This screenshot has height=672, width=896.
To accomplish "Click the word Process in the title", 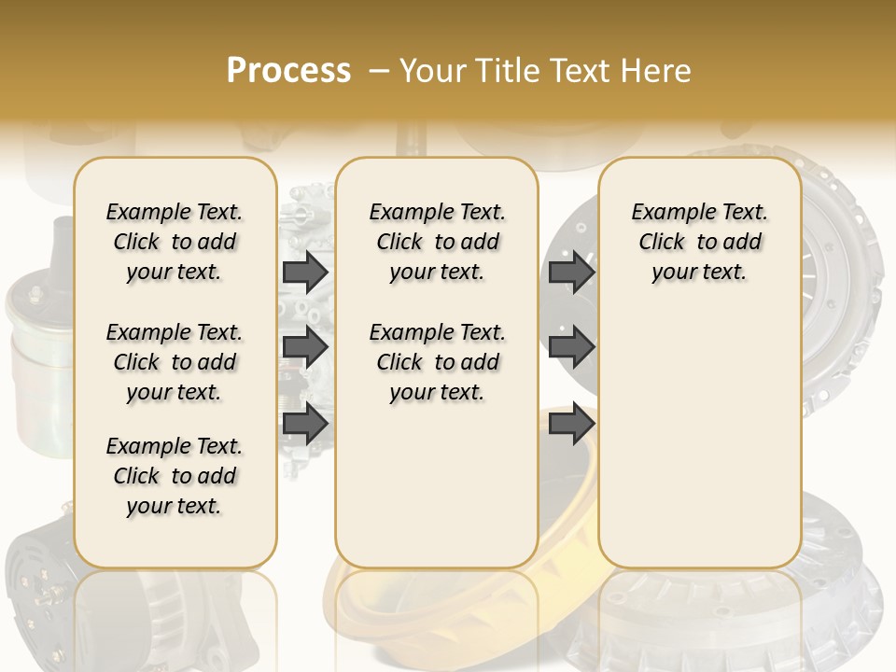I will click(288, 71).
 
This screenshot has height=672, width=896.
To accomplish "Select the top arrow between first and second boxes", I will click(305, 272).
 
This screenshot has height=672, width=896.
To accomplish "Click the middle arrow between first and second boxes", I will click(305, 347).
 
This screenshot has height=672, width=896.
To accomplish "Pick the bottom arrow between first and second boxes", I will click(305, 423).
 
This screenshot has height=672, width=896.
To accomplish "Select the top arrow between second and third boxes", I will click(571, 272).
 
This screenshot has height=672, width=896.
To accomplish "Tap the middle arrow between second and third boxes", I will click(571, 347).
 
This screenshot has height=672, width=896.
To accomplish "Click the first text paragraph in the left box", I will click(175, 242).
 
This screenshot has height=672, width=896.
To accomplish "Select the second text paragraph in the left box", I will click(175, 362).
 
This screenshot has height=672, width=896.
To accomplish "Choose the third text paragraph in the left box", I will click(175, 476).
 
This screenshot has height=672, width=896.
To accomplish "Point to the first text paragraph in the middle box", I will click(437, 242).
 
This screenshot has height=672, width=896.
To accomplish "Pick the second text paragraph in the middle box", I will click(437, 362).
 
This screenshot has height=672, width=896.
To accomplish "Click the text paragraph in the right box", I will click(700, 242).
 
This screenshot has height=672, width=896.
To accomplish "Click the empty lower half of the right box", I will click(700, 439).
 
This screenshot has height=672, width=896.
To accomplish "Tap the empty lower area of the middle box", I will click(437, 485).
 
